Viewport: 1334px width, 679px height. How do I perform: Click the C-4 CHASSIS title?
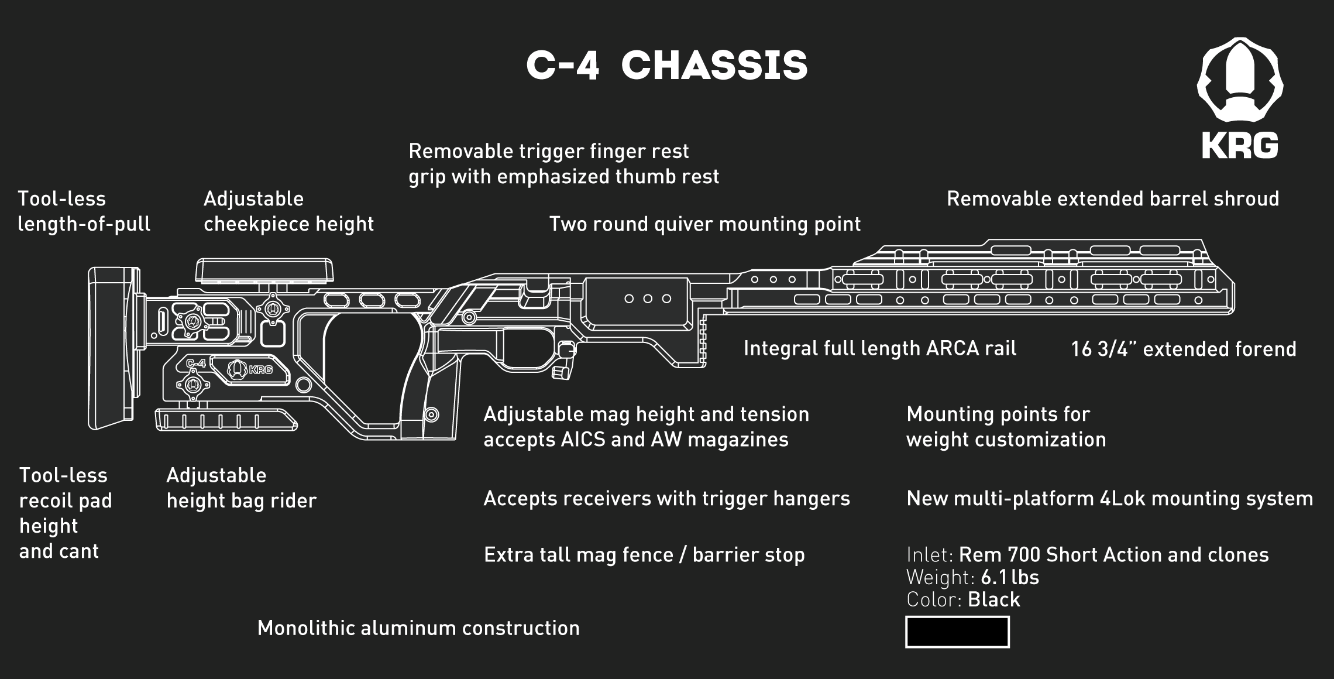click(x=667, y=65)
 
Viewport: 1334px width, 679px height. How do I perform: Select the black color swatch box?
click(x=957, y=632)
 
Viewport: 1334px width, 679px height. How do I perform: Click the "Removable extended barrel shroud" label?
click(x=1112, y=199)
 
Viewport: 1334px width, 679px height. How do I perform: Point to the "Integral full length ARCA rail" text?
click(x=880, y=348)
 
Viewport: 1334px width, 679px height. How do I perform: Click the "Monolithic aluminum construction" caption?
click(x=418, y=628)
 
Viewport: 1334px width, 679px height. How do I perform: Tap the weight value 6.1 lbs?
click(x=1010, y=577)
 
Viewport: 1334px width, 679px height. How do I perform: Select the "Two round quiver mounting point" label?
click(x=704, y=224)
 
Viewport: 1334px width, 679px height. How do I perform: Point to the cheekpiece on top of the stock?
click(x=264, y=270)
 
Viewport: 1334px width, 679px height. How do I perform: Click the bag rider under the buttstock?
click(x=225, y=420)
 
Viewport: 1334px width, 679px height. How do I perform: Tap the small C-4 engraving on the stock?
click(x=196, y=363)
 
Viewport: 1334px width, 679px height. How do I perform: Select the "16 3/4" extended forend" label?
click(x=1183, y=349)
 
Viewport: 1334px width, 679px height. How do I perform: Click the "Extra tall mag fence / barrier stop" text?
click(x=644, y=554)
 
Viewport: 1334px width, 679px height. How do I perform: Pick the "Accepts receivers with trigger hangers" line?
click(x=666, y=498)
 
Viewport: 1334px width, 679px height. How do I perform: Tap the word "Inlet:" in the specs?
click(x=930, y=554)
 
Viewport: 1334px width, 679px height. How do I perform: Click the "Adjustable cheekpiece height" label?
click(x=288, y=211)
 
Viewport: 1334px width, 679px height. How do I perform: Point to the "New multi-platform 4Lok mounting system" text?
click(x=1109, y=498)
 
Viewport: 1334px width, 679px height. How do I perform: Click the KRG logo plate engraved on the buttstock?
click(x=250, y=369)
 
